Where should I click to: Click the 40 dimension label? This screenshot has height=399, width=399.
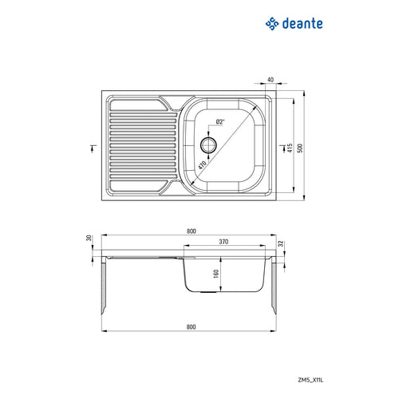pos(271,80)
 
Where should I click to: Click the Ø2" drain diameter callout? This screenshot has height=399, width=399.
pos(219,121)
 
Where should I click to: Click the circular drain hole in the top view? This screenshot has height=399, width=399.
pos(209,144)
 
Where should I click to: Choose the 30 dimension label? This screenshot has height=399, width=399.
pos(90,238)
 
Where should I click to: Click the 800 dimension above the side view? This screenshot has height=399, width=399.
pos(191,231)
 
